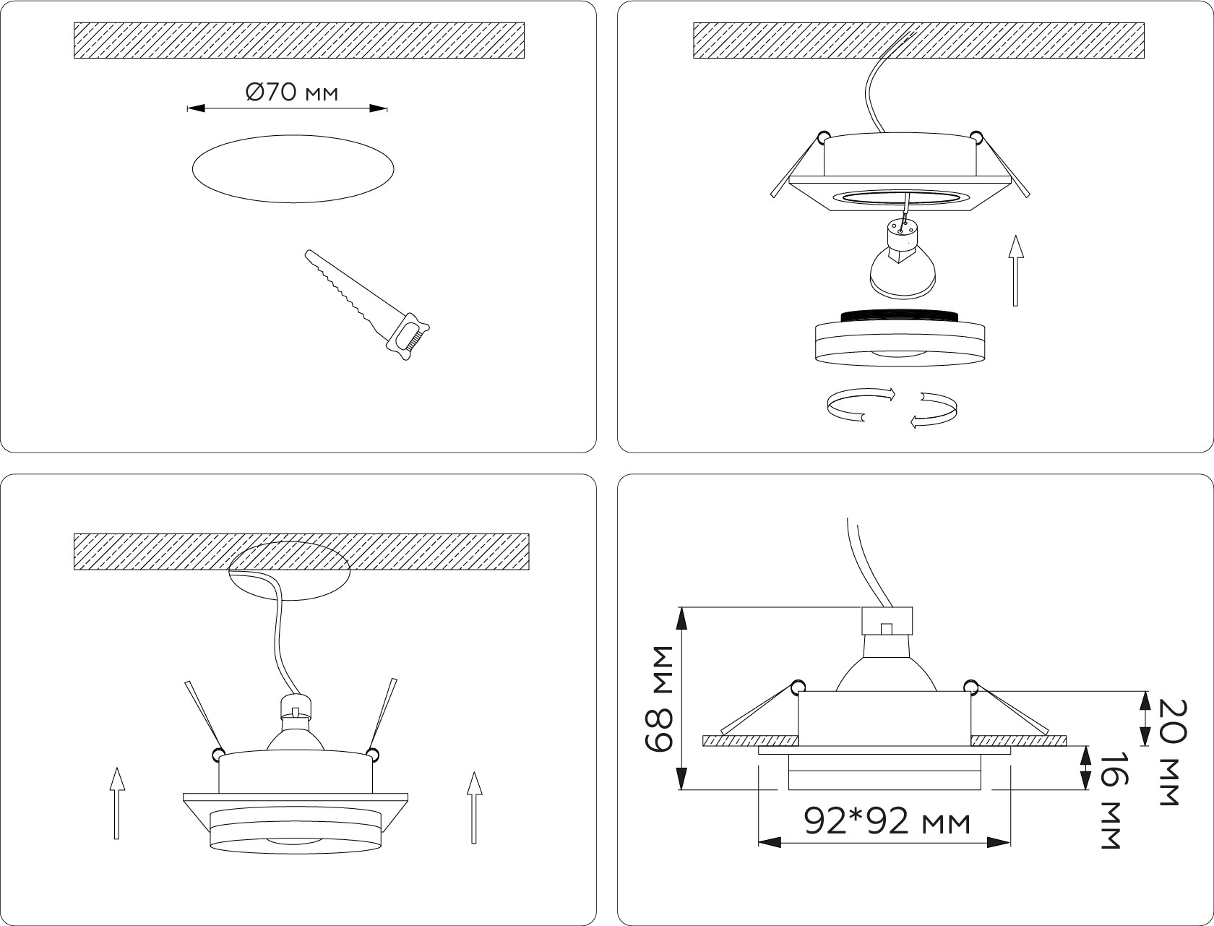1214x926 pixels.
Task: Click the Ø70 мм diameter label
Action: pos(291,93)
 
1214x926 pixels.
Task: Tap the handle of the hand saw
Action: pos(409,337)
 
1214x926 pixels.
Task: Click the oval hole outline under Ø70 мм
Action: pos(293,135)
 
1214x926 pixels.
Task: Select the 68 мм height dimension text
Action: pos(659,698)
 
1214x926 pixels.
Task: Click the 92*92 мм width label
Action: pos(887,822)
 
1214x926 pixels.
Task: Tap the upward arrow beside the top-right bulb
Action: pos(1015,270)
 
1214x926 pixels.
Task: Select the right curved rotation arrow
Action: pos(934,410)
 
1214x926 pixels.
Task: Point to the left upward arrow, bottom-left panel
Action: pos(116,803)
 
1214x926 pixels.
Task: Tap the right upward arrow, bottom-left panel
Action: pos(474,807)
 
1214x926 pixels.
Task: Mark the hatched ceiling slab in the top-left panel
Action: pos(299,40)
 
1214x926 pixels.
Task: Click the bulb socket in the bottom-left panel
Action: pos(296,708)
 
